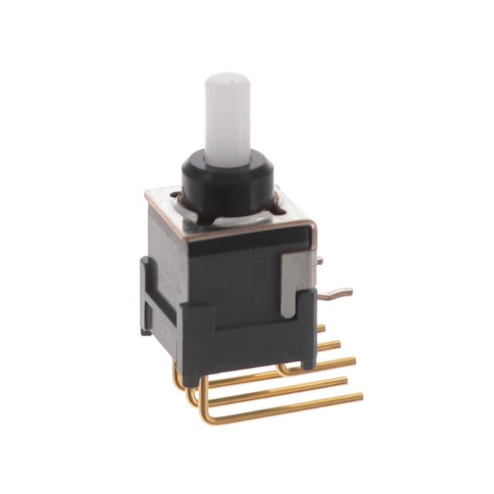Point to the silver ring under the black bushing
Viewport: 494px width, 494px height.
pos(232,218)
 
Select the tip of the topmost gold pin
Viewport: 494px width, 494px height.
pos(323,327)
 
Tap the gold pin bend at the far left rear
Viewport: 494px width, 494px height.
pos(178,378)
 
